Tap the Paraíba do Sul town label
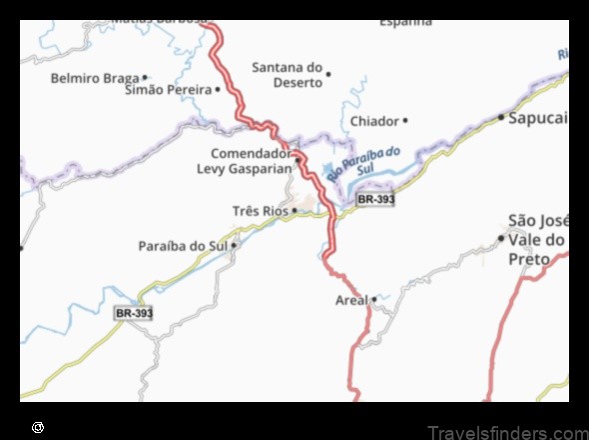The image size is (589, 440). pyautogui.click(x=184, y=245)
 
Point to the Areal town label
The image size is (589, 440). pyautogui.click(x=351, y=299)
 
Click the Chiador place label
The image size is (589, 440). pyautogui.click(x=374, y=121)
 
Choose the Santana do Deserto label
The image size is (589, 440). pyautogui.click(x=288, y=75)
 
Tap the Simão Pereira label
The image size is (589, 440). pyautogui.click(x=168, y=90)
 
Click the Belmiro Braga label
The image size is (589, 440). pyautogui.click(x=95, y=77)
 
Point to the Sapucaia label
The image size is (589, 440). pyautogui.click(x=538, y=117)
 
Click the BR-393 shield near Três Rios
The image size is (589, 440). pyautogui.click(x=375, y=199)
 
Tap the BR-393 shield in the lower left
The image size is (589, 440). pyautogui.click(x=134, y=313)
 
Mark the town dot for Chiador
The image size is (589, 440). pyautogui.click(x=404, y=121)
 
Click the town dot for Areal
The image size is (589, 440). pyautogui.click(x=374, y=298)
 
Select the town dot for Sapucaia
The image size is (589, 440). pyautogui.click(x=501, y=117)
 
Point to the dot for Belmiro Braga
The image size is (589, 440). pyautogui.click(x=145, y=77)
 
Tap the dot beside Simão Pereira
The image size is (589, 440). pyautogui.click(x=218, y=90)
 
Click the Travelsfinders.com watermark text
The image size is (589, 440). pyautogui.click(x=507, y=432)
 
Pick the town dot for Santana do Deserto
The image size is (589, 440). pyautogui.click(x=328, y=72)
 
